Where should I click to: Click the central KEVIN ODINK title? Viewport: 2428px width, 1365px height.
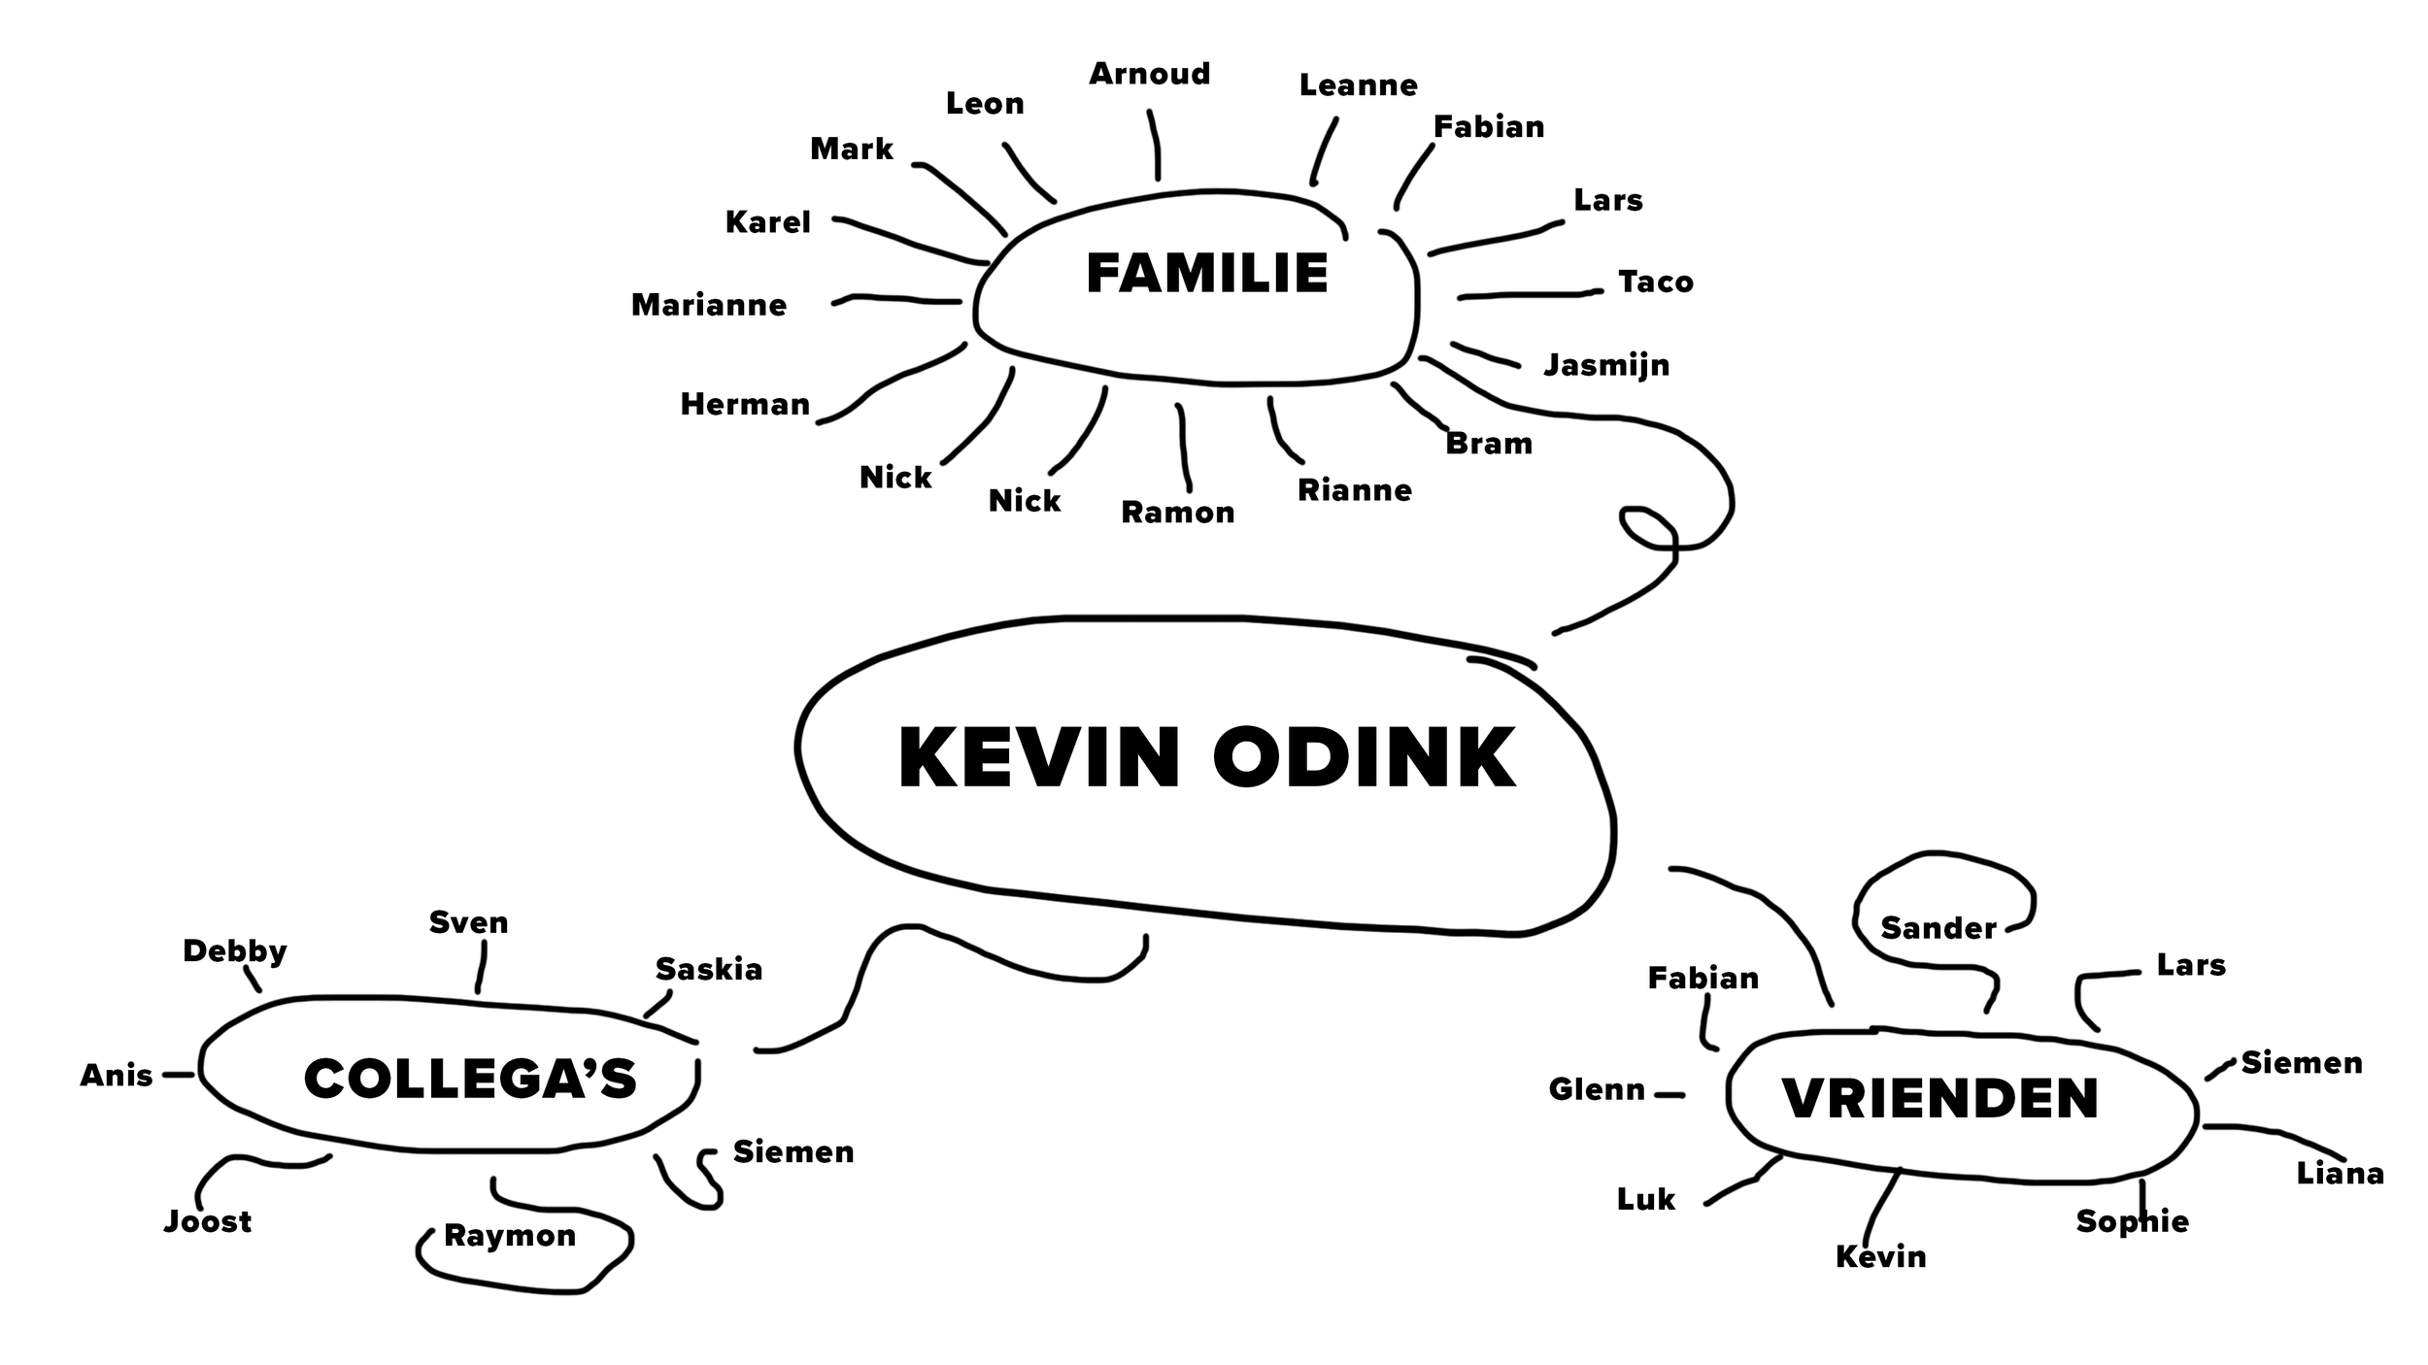[1206, 758]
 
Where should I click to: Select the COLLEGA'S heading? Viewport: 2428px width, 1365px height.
[470, 1079]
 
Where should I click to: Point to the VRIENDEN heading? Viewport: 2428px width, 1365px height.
[1940, 1098]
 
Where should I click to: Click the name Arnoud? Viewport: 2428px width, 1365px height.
[1150, 74]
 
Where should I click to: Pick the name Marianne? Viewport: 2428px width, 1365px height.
[709, 305]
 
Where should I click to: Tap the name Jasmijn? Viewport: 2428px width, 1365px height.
[1606, 365]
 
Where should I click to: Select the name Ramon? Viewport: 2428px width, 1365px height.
[1177, 512]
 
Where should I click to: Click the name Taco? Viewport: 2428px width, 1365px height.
[1655, 282]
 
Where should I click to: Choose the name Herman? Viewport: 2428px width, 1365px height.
[745, 404]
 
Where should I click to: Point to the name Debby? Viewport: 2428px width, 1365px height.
[235, 951]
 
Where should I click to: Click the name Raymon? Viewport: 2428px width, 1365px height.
[510, 1235]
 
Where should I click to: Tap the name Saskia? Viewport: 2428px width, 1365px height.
[709, 969]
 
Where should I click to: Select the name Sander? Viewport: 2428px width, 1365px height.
[1939, 928]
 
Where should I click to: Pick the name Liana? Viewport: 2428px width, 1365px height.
[2340, 1174]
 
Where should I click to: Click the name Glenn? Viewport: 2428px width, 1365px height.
[1597, 1089]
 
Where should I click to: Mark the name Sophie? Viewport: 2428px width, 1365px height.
[2132, 1221]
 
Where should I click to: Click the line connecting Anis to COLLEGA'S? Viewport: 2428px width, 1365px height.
[179, 1075]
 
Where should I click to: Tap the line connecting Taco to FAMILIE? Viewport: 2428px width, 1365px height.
[1530, 294]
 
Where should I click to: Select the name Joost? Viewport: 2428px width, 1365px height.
[208, 1221]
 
